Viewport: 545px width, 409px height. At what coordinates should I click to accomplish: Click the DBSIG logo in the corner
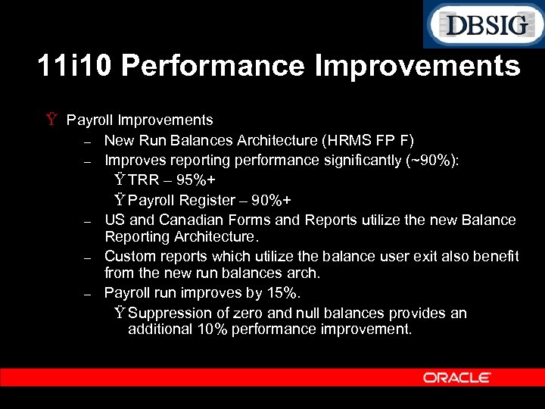(x=484, y=24)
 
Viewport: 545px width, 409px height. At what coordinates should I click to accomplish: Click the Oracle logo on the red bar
(x=456, y=377)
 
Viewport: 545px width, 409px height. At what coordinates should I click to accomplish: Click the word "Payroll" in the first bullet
(x=87, y=120)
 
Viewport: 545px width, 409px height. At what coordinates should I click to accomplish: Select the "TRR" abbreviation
(x=144, y=180)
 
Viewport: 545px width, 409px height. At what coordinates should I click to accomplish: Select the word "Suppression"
(x=170, y=313)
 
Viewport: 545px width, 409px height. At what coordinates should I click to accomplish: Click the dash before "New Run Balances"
(x=88, y=142)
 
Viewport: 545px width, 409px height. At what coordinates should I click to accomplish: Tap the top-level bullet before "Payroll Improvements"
(x=51, y=120)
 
